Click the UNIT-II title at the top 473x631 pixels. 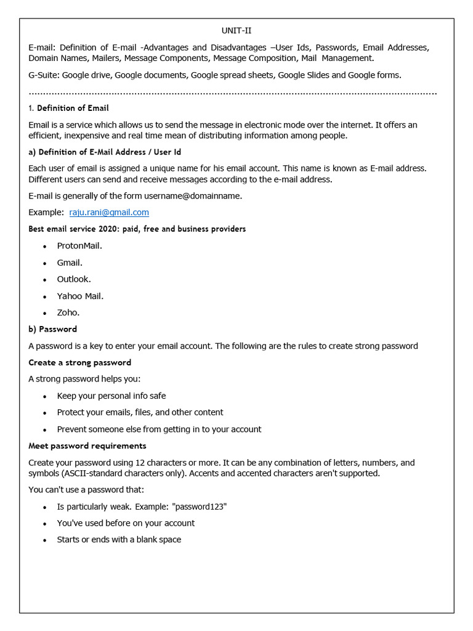(x=236, y=31)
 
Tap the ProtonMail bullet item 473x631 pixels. (x=79, y=245)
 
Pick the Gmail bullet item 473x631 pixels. (x=70, y=263)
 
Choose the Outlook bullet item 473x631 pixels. (x=74, y=279)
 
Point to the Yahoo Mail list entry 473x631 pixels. (x=81, y=296)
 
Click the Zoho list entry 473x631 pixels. (x=68, y=312)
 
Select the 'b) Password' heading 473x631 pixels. (x=52, y=329)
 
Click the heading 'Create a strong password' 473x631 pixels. (x=79, y=362)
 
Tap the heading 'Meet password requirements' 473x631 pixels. (x=87, y=446)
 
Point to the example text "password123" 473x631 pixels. (x=200, y=507)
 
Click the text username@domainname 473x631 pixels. (x=193, y=195)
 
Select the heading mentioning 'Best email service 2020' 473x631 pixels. (x=137, y=229)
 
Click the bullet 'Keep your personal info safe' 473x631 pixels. (x=111, y=396)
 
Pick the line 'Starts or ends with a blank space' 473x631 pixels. (x=119, y=540)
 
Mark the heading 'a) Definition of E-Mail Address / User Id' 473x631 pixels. (x=104, y=152)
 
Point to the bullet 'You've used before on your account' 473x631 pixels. (x=126, y=523)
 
